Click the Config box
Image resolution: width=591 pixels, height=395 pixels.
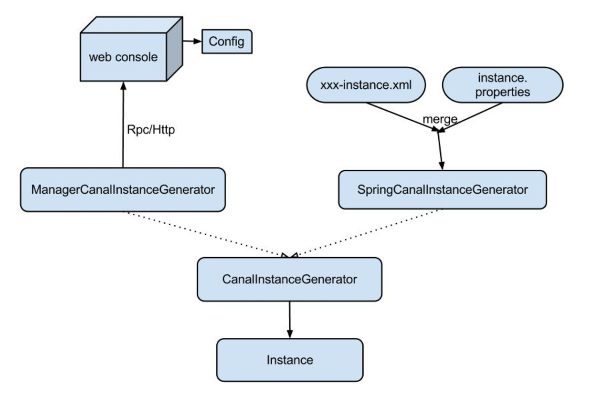point(227,42)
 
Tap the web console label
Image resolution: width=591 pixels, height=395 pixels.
point(123,57)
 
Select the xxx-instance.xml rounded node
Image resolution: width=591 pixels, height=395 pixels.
point(366,85)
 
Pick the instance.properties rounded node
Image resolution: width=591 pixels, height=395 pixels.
point(503,85)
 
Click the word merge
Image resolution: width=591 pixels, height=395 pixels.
point(440,119)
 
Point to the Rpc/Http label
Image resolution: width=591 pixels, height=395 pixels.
point(151,129)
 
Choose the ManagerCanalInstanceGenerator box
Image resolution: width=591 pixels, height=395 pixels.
point(123,189)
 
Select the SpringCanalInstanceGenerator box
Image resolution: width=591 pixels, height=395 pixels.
point(443,189)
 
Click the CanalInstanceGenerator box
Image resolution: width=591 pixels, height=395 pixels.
point(289,279)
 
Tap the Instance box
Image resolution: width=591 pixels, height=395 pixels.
point(290,360)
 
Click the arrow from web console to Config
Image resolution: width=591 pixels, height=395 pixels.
point(192,41)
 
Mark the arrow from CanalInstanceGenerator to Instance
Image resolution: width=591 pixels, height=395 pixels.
point(290,320)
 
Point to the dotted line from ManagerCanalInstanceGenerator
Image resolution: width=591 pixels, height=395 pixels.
point(206,234)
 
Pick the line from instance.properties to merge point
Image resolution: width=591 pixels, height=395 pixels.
point(470,117)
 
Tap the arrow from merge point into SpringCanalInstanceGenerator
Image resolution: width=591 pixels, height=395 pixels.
point(440,151)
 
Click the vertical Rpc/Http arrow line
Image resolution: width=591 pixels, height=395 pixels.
point(123,125)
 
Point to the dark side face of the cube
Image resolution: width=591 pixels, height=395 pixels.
point(175,49)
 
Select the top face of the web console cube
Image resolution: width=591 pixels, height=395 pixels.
point(131,25)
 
